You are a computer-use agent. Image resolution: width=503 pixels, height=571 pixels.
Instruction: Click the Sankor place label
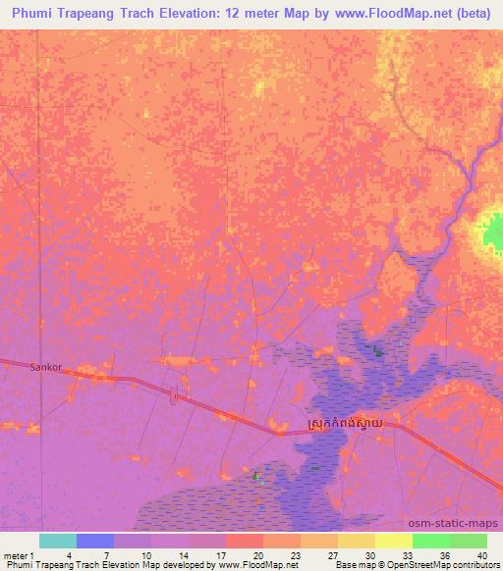coord(46,367)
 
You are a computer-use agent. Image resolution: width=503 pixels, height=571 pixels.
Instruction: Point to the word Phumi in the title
coord(36,14)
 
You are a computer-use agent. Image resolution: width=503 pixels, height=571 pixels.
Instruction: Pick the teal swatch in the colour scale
coord(58,541)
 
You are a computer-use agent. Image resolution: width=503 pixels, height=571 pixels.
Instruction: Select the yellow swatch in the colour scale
coord(394,541)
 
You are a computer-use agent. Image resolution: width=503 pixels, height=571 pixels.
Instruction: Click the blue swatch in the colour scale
coord(95,541)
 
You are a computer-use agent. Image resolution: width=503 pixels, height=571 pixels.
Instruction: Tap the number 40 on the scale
coord(481,554)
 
